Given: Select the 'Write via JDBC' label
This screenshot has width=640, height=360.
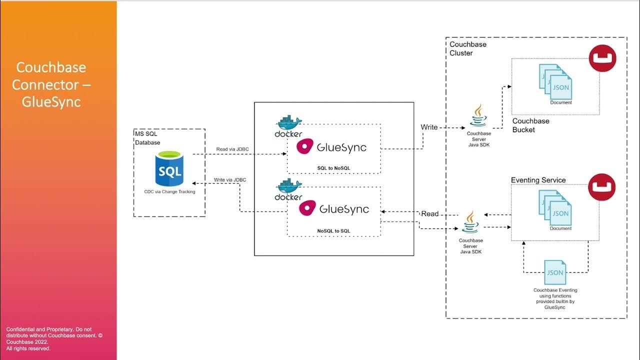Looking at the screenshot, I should (x=230, y=179).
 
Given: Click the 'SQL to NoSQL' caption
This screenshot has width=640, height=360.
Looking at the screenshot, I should (x=334, y=167).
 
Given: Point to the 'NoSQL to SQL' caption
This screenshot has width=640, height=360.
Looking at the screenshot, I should (x=334, y=230).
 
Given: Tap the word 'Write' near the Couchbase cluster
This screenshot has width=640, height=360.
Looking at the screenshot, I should (x=429, y=127).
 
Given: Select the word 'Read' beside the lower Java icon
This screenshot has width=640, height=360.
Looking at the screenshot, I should (x=430, y=213).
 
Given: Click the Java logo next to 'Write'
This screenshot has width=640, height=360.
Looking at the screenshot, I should (x=478, y=116).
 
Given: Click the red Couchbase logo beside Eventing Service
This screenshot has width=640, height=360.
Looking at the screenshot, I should (x=601, y=187).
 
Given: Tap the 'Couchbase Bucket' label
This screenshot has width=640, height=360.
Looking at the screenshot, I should (x=530, y=125).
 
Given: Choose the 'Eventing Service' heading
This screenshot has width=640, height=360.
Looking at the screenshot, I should (x=538, y=180).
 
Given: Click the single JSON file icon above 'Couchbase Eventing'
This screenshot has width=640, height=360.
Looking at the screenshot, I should (x=555, y=273).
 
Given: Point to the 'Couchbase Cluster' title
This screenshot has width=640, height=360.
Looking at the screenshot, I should (x=468, y=48).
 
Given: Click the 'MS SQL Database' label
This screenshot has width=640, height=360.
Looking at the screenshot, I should (x=147, y=137).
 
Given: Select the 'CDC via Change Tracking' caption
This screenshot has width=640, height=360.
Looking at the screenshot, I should (x=169, y=191).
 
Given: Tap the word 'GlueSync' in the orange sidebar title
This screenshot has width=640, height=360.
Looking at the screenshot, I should (x=51, y=101).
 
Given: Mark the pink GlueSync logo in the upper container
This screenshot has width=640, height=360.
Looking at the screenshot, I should (x=306, y=147).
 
